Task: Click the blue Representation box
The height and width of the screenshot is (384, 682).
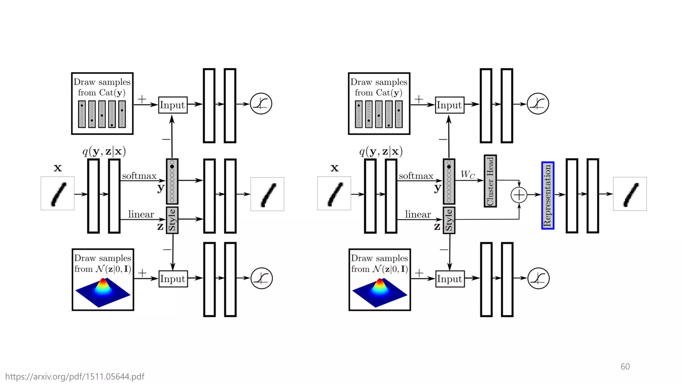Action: pos(547,195)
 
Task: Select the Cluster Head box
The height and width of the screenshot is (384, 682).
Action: pos(490,181)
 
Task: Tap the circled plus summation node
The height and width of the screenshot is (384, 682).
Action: pos(519,195)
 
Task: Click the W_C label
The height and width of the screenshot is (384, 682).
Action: pos(468,174)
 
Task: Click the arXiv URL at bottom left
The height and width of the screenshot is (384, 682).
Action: pos(75,376)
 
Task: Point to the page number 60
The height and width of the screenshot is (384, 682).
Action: pos(625,366)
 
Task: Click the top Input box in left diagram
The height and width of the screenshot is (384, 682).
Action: pos(172,105)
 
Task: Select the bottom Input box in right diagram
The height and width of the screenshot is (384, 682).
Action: pos(450,279)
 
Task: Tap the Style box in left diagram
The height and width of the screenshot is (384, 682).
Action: pos(172,220)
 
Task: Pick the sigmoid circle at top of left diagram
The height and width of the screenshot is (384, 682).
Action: pos(261,104)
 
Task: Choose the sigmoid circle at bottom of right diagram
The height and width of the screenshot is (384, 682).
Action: pos(538,278)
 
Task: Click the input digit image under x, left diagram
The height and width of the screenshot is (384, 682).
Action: pos(58,194)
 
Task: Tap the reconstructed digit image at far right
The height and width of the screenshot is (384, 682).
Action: pos(630,194)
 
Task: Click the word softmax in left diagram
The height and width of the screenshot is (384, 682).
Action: pos(139,176)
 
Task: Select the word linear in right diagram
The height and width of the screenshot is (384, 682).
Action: pos(418,214)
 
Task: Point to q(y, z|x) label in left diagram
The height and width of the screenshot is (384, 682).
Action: pos(104,151)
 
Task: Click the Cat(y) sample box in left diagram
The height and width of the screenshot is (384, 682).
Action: pos(102,104)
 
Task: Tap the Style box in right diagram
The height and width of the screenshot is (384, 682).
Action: pos(449,220)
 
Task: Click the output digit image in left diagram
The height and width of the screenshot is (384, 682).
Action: pos(267,194)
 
